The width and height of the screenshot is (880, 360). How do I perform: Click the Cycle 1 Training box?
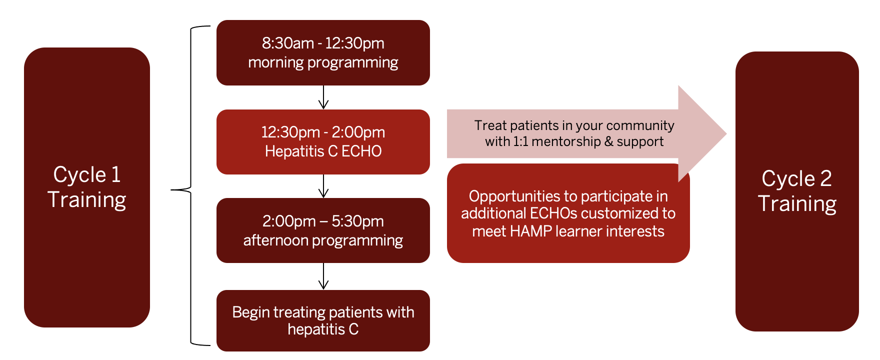tap(87, 187)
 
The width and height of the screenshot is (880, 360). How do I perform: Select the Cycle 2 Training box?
tap(797, 191)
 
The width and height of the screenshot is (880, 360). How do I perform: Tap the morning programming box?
tap(323, 52)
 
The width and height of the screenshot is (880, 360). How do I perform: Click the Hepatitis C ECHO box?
tap(323, 142)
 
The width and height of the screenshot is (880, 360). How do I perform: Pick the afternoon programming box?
tap(323, 230)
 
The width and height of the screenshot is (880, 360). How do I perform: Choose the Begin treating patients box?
tap(323, 320)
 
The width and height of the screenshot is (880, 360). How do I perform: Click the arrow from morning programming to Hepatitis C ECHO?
tap(323, 97)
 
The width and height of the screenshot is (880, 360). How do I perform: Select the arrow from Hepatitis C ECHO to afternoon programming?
tap(323, 186)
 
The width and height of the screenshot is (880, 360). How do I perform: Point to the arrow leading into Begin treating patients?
tap(323, 276)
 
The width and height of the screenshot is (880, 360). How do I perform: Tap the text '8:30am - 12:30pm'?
tap(323, 43)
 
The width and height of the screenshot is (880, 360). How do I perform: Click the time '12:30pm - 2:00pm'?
tap(323, 132)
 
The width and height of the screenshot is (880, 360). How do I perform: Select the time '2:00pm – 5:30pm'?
tap(323, 221)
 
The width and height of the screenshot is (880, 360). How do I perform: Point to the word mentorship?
tap(567, 142)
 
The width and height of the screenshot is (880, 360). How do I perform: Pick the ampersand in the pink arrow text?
tap(608, 142)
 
